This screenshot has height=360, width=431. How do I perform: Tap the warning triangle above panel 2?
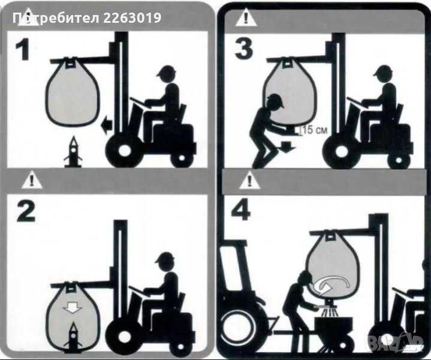click(x=27, y=179)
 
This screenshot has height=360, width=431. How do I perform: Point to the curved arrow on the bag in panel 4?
click(x=334, y=281)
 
